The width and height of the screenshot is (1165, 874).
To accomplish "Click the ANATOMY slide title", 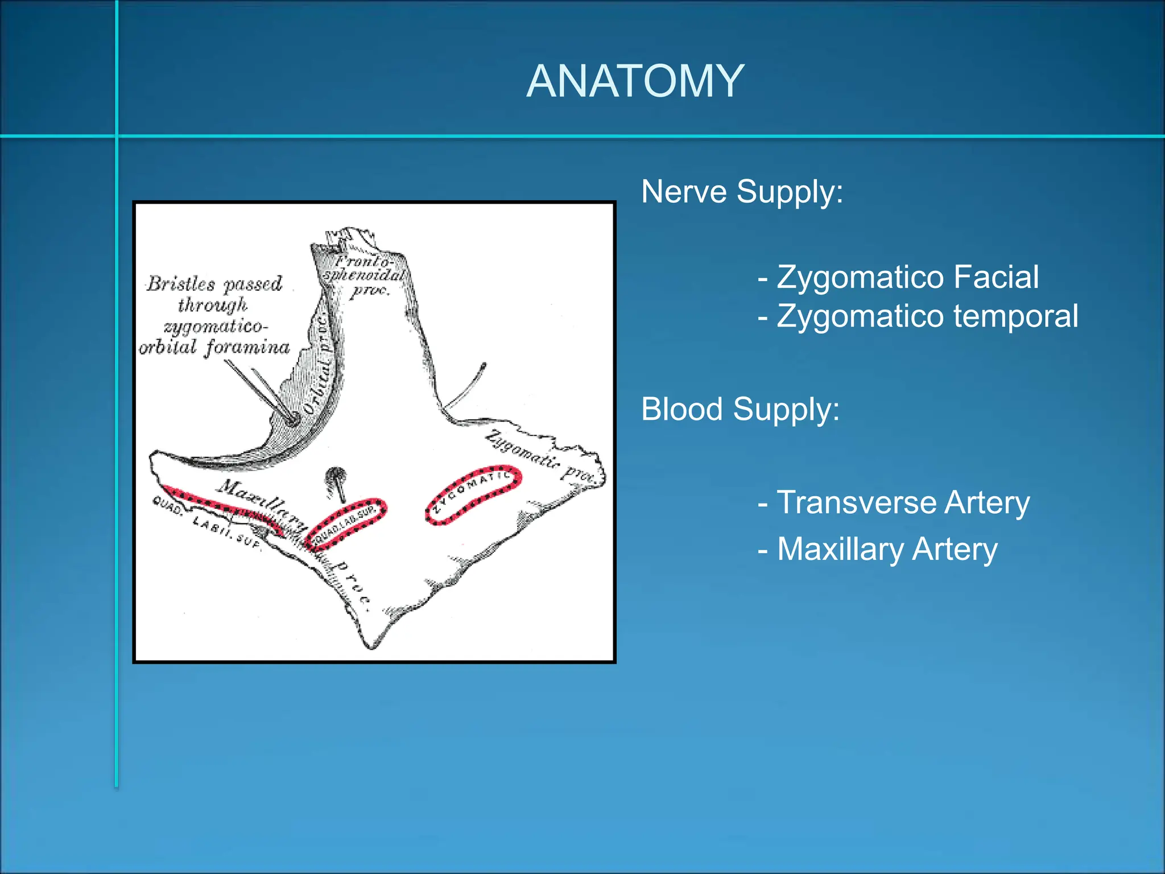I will tap(635, 81).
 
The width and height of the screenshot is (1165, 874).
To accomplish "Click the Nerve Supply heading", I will tap(742, 191).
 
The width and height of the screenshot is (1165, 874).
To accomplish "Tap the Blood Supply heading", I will tap(740, 409).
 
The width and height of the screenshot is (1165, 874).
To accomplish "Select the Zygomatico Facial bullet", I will tap(899, 277).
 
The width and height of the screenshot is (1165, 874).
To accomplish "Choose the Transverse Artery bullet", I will tap(894, 502).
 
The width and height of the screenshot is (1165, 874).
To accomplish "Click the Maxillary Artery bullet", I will tap(878, 549).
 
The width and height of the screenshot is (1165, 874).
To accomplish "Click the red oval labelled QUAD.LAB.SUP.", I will tap(346, 524).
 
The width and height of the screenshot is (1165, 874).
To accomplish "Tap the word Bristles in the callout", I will tap(181, 283).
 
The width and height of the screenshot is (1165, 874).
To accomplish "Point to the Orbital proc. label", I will tap(319, 364).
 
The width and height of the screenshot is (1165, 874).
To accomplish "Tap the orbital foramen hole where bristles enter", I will tap(292, 420).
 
